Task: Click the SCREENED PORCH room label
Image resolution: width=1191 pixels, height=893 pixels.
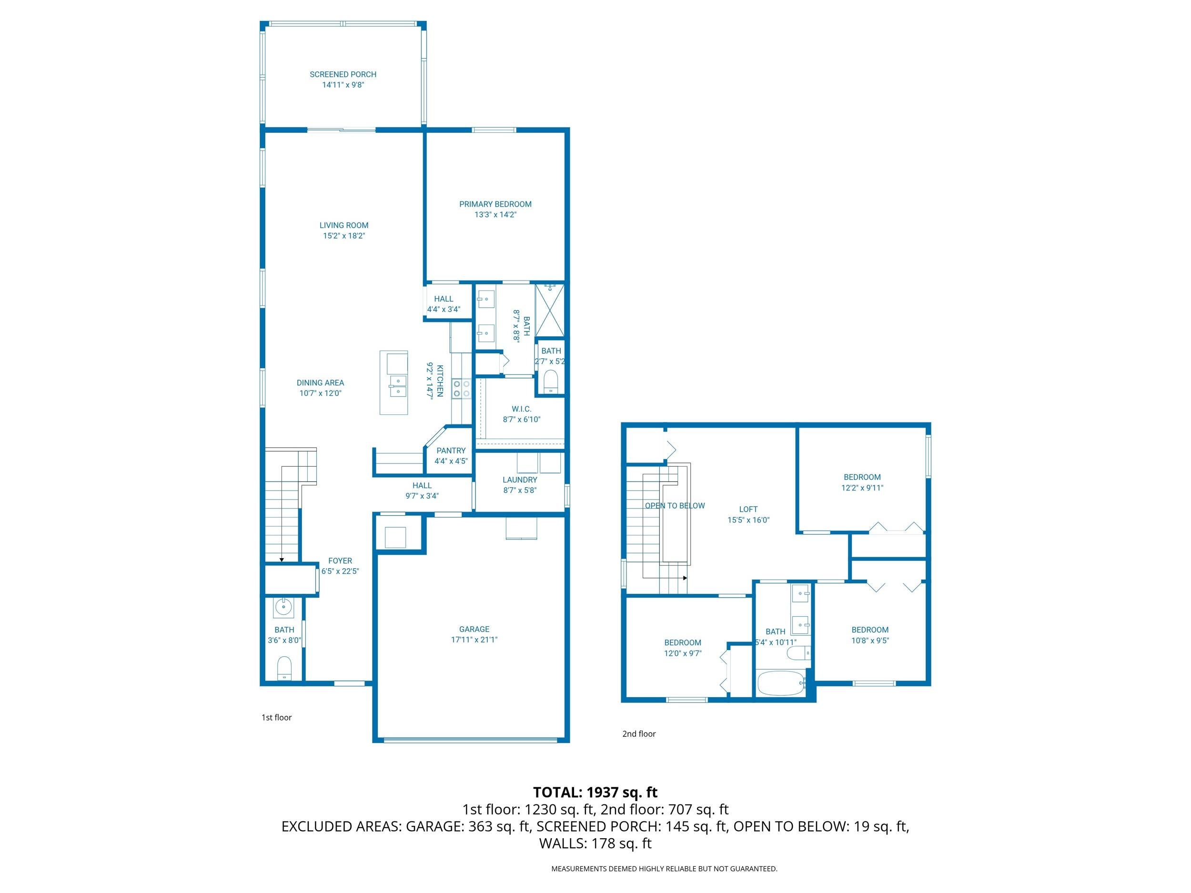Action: (x=343, y=74)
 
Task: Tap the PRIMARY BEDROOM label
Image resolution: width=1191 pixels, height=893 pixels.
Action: (x=495, y=204)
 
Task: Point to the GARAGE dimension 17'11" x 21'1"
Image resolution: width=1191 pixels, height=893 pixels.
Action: (x=474, y=640)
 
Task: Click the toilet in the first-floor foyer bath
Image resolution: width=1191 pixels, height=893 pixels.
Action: (x=284, y=669)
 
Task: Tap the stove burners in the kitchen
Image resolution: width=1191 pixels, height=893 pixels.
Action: (x=462, y=389)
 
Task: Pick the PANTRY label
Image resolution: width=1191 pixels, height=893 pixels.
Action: (x=451, y=451)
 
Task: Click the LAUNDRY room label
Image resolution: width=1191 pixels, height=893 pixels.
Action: (x=520, y=480)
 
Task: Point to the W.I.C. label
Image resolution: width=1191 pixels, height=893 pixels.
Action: (x=521, y=409)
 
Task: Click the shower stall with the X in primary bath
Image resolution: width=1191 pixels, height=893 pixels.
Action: (x=549, y=311)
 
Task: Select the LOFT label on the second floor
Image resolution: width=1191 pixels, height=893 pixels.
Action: (x=748, y=509)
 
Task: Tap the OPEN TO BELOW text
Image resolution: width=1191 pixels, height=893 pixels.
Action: (x=675, y=505)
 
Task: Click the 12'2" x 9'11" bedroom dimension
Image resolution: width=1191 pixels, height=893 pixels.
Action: (x=862, y=488)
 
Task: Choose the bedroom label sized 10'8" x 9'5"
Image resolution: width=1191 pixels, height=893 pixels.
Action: (x=869, y=630)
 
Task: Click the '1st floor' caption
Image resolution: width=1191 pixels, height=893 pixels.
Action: (x=276, y=718)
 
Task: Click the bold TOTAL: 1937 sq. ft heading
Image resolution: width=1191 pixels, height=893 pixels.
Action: (x=595, y=793)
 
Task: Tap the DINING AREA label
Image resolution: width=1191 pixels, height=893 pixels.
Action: (x=320, y=383)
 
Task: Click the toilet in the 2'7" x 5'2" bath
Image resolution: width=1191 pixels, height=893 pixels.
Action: (x=550, y=381)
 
